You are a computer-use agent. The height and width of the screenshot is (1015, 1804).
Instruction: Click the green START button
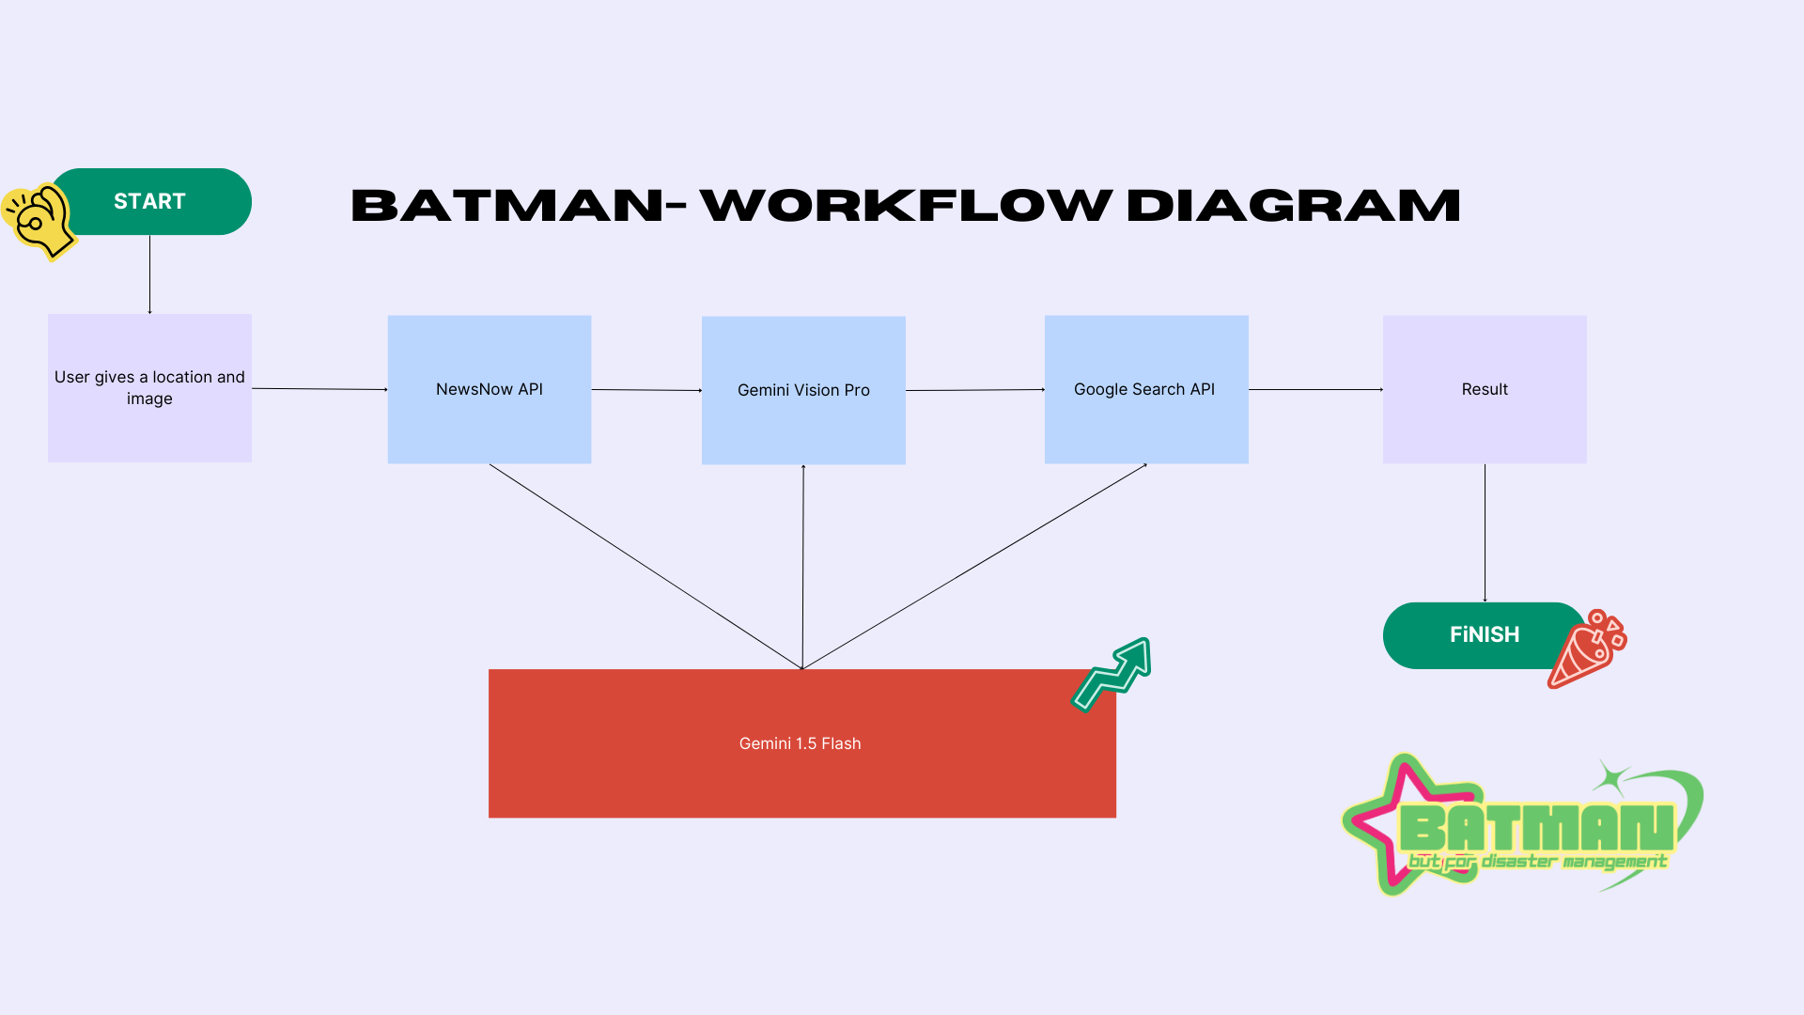(150, 201)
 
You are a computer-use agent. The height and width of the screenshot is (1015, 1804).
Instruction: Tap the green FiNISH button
(1485, 635)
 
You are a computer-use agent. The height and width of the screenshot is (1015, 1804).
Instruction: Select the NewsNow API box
(490, 389)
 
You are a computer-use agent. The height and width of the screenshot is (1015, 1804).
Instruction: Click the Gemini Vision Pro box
(803, 390)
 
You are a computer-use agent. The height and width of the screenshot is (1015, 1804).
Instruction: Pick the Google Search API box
(1146, 389)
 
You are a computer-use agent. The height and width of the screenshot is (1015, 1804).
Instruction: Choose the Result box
(1485, 389)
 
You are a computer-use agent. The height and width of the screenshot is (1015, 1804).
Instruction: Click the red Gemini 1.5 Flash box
(802, 743)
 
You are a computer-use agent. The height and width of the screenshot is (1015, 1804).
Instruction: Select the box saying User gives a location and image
(149, 388)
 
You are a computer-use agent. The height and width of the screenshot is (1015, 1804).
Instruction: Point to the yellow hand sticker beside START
(39, 221)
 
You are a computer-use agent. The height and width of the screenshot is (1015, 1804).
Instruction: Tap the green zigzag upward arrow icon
(1112, 675)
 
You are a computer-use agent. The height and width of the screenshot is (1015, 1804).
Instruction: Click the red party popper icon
(1587, 649)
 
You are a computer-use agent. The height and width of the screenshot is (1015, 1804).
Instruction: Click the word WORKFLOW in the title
(906, 206)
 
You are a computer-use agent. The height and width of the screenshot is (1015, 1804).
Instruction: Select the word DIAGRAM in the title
(1293, 206)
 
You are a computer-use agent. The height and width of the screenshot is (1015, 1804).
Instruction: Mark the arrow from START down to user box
(149, 274)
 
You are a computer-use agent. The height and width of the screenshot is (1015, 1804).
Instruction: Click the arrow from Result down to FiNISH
(1485, 533)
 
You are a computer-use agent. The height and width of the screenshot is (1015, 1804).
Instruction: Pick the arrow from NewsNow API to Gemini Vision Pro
(646, 389)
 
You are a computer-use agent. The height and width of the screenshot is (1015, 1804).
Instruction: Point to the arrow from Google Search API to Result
(1315, 389)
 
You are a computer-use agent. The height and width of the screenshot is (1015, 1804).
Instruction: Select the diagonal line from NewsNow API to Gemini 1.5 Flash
(645, 567)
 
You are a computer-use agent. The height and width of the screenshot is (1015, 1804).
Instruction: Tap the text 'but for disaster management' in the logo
(1537, 861)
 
